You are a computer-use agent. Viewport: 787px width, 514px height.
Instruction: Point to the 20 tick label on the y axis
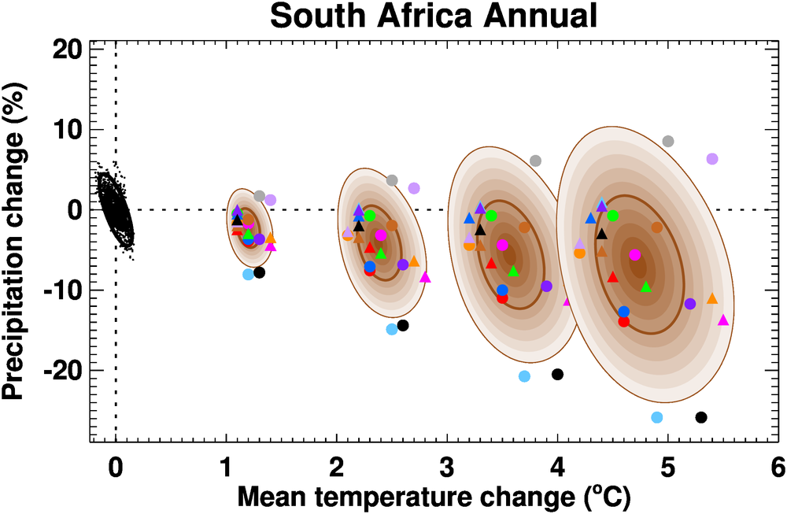click(x=66, y=49)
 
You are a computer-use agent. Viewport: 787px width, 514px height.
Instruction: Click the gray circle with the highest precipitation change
click(x=668, y=142)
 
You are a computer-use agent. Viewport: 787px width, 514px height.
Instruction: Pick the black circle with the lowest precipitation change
click(x=701, y=417)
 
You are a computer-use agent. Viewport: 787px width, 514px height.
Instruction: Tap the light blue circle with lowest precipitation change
click(x=657, y=417)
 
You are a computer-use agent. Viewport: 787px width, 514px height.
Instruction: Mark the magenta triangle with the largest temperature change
click(x=723, y=320)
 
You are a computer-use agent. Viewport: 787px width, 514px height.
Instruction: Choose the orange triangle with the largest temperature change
click(x=712, y=299)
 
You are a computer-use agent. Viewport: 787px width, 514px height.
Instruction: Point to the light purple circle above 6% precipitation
click(x=712, y=159)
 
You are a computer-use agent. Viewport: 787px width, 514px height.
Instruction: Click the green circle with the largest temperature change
click(x=613, y=216)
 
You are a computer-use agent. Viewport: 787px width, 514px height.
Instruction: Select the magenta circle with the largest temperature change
click(x=635, y=255)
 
